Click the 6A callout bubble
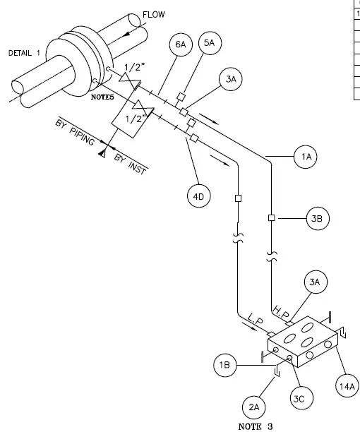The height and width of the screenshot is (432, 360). pos(181,44)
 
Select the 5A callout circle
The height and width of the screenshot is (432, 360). pos(210,43)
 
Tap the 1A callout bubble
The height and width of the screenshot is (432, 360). pos(306,157)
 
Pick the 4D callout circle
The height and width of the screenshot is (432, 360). pos(199,196)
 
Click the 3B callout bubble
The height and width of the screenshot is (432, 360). pos(318,219)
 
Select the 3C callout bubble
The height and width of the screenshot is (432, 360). pos(302,398)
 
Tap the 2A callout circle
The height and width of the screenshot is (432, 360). pos(254,407)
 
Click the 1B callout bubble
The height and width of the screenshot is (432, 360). pos(225,365)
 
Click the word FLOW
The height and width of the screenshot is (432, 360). pos(154,14)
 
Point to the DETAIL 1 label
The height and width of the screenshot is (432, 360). pos(24,53)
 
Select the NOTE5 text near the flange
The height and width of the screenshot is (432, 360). pos(102,97)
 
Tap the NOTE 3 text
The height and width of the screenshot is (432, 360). pos(256,426)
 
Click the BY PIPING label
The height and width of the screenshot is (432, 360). pos(76,132)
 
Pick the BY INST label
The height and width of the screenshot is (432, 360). pos(130,164)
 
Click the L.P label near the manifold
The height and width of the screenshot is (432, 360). pos(256,319)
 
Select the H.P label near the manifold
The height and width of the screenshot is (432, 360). pos(281,313)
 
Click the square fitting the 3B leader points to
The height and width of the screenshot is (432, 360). pos(271,218)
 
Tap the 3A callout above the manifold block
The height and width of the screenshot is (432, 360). pos(316,282)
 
